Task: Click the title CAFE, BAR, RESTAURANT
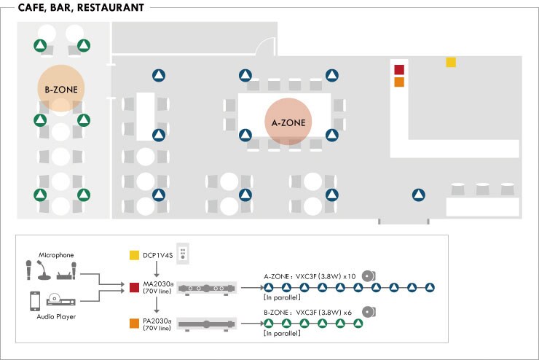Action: click(x=76, y=8)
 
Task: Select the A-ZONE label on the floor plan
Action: click(x=288, y=122)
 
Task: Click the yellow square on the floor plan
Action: click(x=451, y=63)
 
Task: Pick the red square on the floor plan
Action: click(x=398, y=70)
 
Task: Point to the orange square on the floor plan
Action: click(x=398, y=82)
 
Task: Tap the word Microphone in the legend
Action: click(x=56, y=255)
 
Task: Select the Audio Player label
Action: click(x=55, y=317)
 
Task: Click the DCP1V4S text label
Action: click(x=157, y=255)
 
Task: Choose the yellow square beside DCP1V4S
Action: click(x=134, y=255)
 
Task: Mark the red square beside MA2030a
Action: click(x=134, y=287)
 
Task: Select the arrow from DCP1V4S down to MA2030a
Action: click(x=157, y=270)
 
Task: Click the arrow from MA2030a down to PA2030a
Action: click(x=157, y=305)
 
